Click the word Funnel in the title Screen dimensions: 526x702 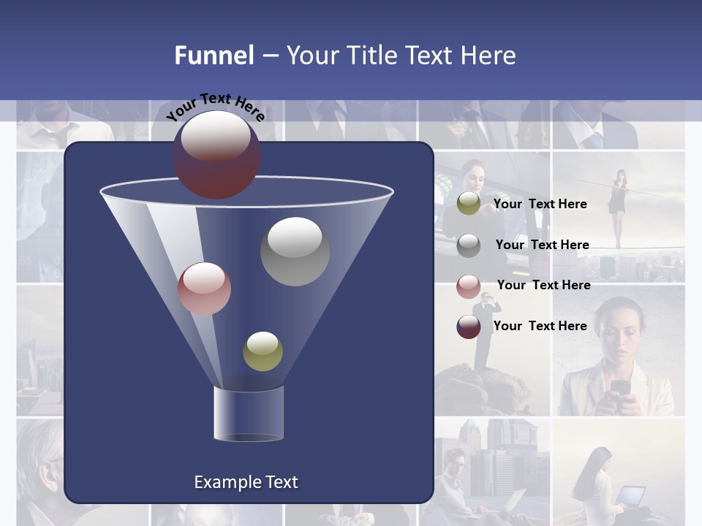click(x=214, y=56)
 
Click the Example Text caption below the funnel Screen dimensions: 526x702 click(x=246, y=482)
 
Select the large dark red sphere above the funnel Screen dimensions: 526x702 click(x=216, y=154)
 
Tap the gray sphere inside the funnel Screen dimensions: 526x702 click(x=295, y=251)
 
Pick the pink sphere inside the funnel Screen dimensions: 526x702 click(x=204, y=289)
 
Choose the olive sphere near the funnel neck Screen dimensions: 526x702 click(x=263, y=351)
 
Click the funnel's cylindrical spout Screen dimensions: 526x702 click(x=248, y=413)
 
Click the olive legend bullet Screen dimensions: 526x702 click(x=469, y=204)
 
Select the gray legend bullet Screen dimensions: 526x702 click(x=469, y=245)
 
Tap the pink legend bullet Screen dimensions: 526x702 click(x=469, y=286)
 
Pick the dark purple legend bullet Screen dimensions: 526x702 click(x=469, y=327)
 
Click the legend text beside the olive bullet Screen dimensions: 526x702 click(x=540, y=204)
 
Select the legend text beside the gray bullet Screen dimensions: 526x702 click(x=542, y=245)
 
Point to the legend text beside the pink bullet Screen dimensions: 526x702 click(x=543, y=285)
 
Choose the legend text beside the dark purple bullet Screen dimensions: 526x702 click(x=540, y=326)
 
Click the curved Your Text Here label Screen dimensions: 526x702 click(x=215, y=107)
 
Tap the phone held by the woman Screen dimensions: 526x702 click(x=620, y=388)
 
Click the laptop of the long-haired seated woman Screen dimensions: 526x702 click(x=630, y=495)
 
